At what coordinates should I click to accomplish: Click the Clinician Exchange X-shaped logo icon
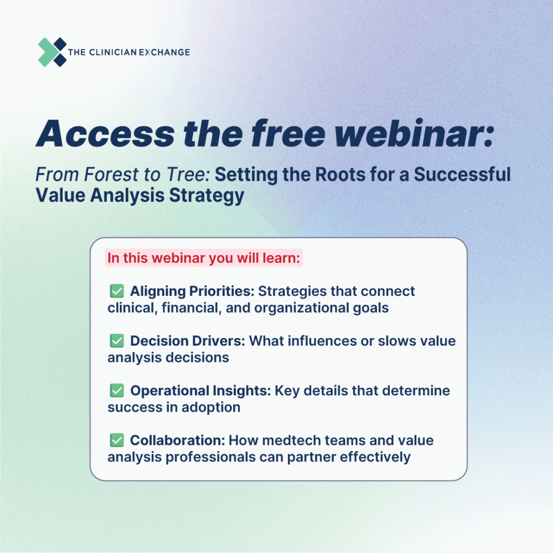[52, 52]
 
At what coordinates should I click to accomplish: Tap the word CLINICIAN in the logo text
[113, 52]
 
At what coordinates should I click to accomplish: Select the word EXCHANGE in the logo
[164, 52]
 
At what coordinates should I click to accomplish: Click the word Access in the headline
[105, 134]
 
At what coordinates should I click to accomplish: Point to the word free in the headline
[288, 133]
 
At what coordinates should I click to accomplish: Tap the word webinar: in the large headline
[414, 133]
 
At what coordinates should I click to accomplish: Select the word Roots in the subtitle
[340, 174]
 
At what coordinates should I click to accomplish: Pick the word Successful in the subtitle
[462, 174]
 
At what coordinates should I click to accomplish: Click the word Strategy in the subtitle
[207, 196]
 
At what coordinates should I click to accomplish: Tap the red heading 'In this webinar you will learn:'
[204, 258]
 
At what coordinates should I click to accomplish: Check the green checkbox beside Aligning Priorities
[117, 291]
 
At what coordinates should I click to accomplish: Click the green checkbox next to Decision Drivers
[117, 341]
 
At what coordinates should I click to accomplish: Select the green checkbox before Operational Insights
[117, 390]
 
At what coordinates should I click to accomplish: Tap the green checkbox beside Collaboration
[117, 440]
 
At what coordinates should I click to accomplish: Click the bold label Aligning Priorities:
[192, 291]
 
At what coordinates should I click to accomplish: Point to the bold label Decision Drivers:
[187, 341]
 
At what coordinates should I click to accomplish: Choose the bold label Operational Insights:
[201, 391]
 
